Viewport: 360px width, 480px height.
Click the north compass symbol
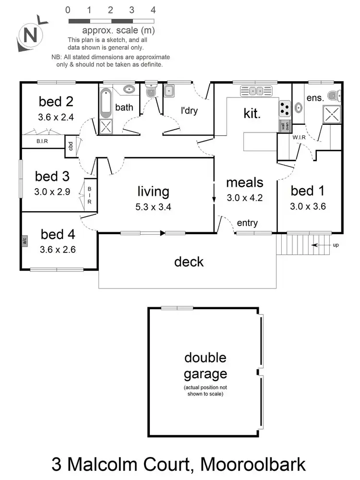tap(31, 35)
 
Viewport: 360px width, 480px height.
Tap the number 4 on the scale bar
tap(153, 10)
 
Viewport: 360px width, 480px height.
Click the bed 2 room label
tap(56, 101)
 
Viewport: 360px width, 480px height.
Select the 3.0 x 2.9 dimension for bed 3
tap(53, 192)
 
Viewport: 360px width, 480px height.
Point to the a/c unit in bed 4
tap(24, 240)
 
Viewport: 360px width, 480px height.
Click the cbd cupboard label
tap(71, 146)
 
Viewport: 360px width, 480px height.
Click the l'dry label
tap(189, 111)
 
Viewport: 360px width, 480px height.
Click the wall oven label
tap(285, 126)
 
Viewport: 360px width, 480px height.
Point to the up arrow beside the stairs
tap(323, 245)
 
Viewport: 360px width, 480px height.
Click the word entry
tap(247, 223)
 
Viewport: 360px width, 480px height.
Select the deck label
tap(189, 262)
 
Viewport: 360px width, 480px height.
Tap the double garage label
tap(205, 366)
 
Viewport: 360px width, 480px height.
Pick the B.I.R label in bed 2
tap(42, 142)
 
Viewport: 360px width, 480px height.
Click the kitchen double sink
tap(255, 90)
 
